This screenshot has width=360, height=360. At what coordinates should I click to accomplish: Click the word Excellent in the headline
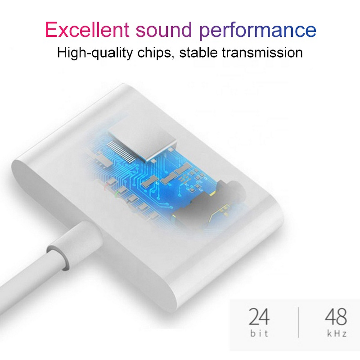tap(87, 30)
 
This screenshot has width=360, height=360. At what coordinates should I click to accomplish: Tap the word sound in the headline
tap(164, 30)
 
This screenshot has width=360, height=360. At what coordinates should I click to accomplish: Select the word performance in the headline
tap(258, 31)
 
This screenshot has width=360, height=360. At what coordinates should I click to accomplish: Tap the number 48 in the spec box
tap(335, 317)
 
